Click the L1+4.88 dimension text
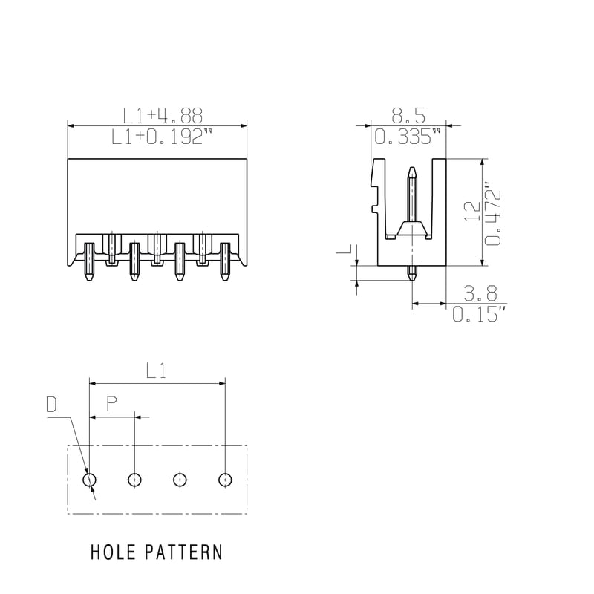coord(163,116)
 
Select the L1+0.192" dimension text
coord(162,137)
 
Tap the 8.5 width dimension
coord(408,116)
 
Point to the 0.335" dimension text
coord(408,137)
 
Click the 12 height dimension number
coord(472,212)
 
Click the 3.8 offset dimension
coord(480,293)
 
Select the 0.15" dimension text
coord(480,314)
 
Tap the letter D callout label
coord(51,404)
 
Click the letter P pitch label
coord(111,404)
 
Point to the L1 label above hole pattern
coord(156,371)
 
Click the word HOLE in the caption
coord(113,552)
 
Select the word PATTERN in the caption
coord(183,552)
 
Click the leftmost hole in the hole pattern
coord(89,480)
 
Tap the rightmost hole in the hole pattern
coord(226,480)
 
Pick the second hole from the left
coord(135,480)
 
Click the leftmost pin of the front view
coord(89,261)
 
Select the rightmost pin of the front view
coord(225,261)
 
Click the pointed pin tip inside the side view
coord(412,169)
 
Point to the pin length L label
coord(347,250)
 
